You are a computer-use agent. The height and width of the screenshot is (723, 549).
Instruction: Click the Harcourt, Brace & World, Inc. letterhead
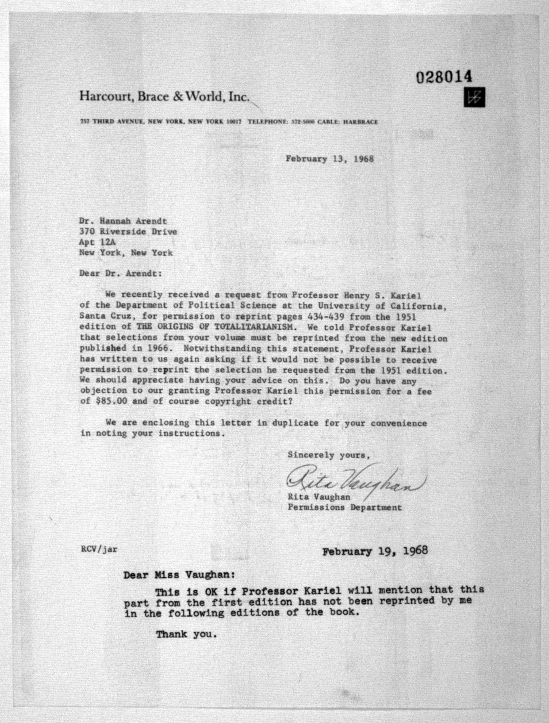tap(165, 97)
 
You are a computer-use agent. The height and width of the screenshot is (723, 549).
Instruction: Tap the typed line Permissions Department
tap(344, 508)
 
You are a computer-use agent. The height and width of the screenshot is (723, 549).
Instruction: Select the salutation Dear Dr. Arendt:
tap(120, 273)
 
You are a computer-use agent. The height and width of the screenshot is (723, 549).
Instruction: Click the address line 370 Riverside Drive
tap(128, 232)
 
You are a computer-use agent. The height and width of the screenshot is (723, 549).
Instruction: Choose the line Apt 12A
tap(97, 242)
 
